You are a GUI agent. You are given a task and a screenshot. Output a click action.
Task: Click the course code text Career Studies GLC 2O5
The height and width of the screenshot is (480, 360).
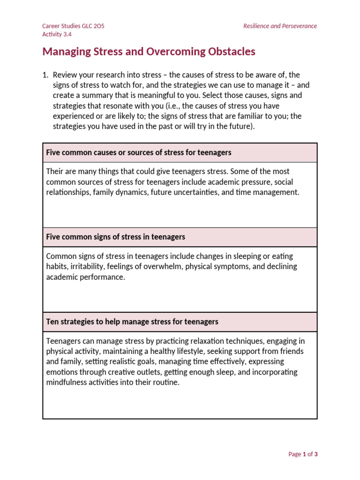73,26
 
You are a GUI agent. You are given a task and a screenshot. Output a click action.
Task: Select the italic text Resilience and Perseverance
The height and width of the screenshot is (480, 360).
280,26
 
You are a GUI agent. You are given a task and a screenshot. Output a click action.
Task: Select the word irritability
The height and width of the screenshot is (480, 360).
85,267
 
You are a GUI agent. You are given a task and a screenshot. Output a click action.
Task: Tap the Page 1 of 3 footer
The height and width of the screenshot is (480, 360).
303,454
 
